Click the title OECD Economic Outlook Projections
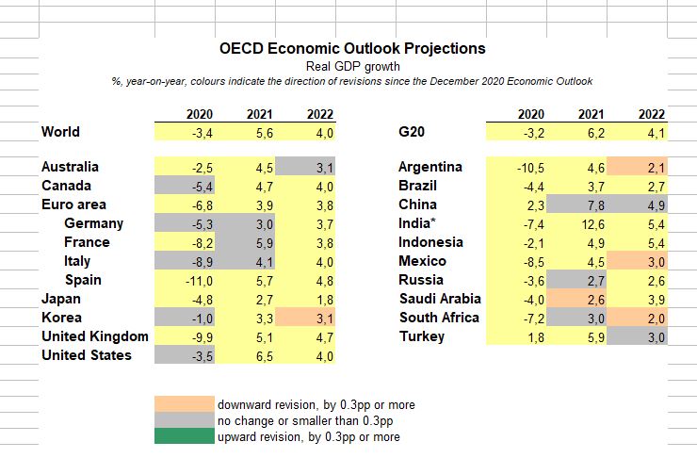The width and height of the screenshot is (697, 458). [x=352, y=48]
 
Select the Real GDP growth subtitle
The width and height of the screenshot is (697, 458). [x=352, y=66]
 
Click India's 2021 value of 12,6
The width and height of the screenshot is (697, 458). [x=590, y=223]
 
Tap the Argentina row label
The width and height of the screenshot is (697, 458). [x=430, y=167]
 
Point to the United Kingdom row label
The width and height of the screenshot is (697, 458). [x=94, y=336]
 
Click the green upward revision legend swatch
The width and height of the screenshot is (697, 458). [x=186, y=436]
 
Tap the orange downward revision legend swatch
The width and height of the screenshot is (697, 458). [x=186, y=404]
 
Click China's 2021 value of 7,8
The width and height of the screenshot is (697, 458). [x=590, y=204]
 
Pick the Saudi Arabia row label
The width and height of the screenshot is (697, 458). [x=440, y=299]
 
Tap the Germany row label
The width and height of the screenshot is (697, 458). [x=93, y=223]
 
